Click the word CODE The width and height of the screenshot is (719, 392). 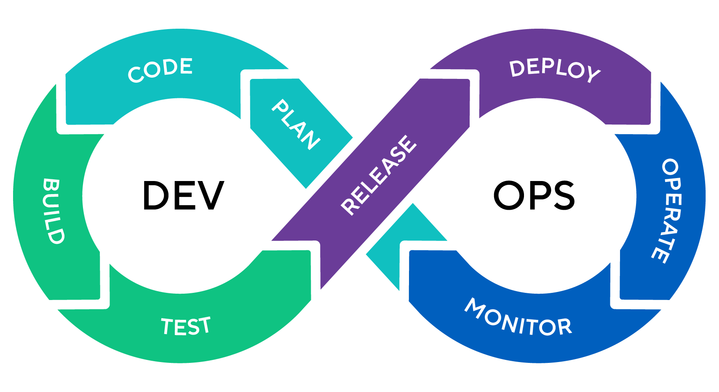pos(160,70)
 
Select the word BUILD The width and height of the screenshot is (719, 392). pos(53,211)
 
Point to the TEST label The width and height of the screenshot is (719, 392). pos(186,326)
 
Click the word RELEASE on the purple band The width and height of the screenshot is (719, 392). pos(379,175)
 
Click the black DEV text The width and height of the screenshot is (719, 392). pos(183,195)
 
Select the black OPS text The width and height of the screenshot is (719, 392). pos(534,195)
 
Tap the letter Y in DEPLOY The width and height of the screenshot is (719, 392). pos(593,75)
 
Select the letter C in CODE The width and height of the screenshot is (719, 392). pos(136,75)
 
